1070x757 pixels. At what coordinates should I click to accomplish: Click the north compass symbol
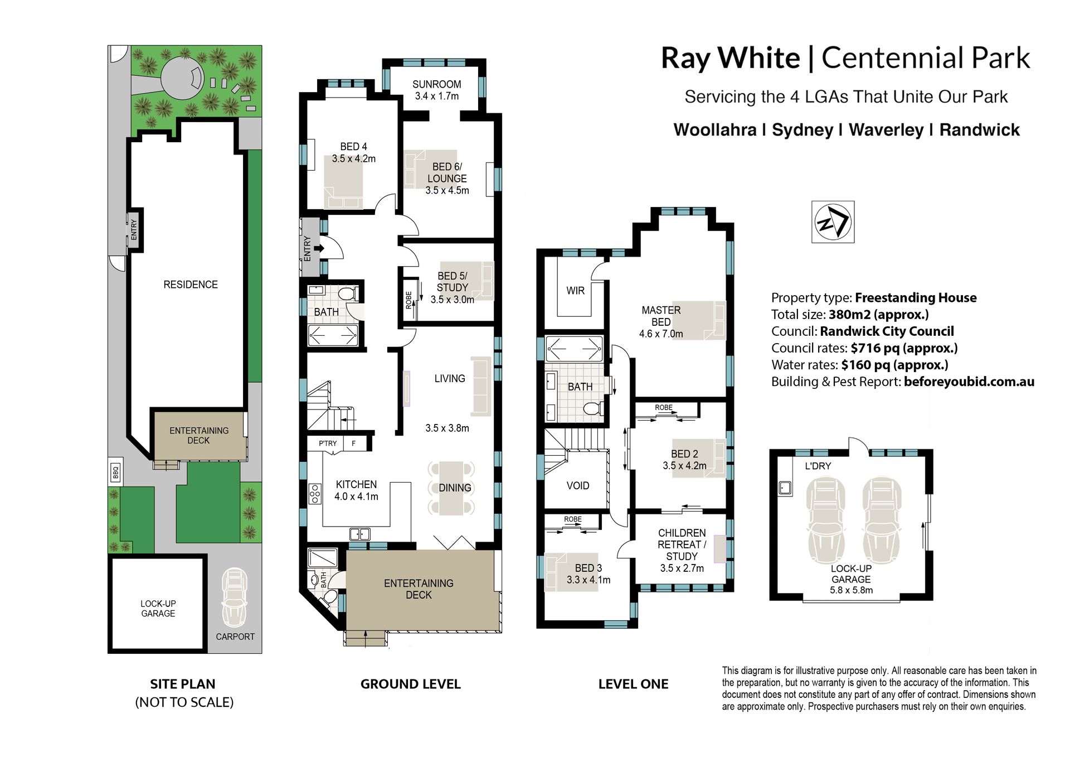point(833,221)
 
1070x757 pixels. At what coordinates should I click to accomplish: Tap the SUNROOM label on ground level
point(436,84)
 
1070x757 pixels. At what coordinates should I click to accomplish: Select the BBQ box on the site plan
point(115,472)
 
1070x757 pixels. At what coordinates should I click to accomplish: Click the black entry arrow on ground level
point(319,249)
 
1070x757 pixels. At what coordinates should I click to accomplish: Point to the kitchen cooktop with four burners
point(315,494)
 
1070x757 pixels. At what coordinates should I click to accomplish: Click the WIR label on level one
point(575,291)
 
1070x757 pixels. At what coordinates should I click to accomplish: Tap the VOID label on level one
point(577,486)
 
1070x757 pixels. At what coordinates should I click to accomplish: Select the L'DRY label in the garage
point(818,466)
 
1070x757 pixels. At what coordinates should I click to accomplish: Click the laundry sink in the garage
point(786,488)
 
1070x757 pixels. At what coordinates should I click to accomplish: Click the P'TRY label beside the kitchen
point(328,443)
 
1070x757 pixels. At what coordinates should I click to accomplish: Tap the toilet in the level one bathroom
point(593,409)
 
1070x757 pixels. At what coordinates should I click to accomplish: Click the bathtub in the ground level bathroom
point(333,335)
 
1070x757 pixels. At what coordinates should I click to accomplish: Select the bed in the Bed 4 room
point(343,182)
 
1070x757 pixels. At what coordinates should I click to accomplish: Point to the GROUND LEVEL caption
point(411,684)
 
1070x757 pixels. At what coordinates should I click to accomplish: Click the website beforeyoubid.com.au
point(969,382)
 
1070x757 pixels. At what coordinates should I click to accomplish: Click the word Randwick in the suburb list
point(979,130)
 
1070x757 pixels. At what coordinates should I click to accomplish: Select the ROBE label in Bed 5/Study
point(408,300)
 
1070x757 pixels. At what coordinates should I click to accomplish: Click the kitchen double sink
point(359,534)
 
